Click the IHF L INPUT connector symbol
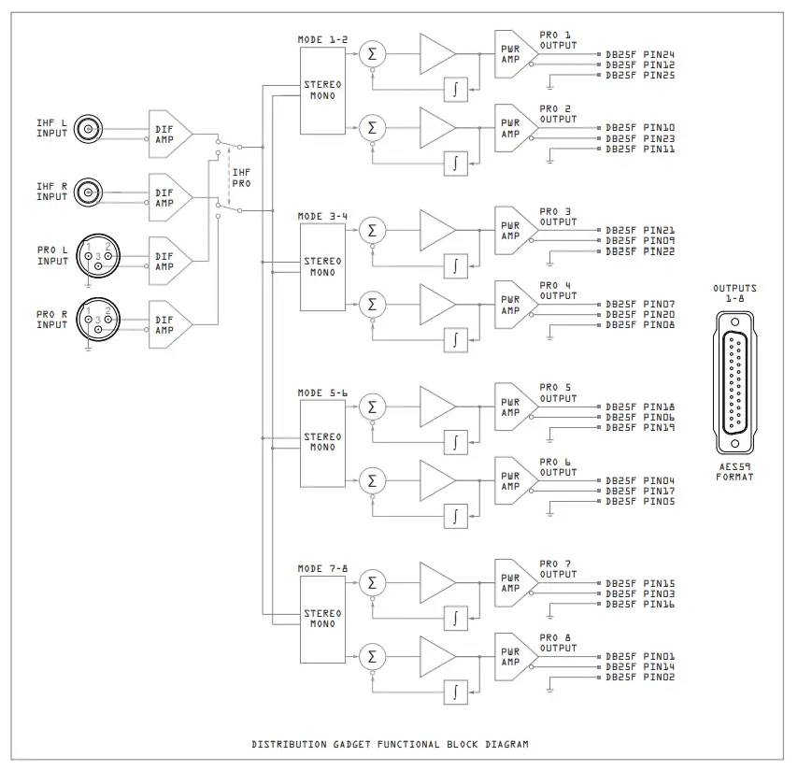(x=89, y=129)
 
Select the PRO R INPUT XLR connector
(x=97, y=319)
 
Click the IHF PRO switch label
(x=241, y=178)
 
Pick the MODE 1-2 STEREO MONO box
(x=322, y=90)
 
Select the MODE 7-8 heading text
(x=322, y=568)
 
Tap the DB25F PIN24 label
(x=640, y=54)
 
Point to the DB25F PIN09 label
(x=640, y=241)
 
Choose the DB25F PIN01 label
(x=640, y=656)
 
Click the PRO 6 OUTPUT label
(x=558, y=467)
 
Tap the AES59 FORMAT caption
(x=734, y=471)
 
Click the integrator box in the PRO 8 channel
(x=455, y=692)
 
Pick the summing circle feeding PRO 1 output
(x=373, y=54)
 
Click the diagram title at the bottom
(x=390, y=745)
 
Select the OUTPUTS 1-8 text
(x=734, y=293)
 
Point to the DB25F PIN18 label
(x=640, y=407)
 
